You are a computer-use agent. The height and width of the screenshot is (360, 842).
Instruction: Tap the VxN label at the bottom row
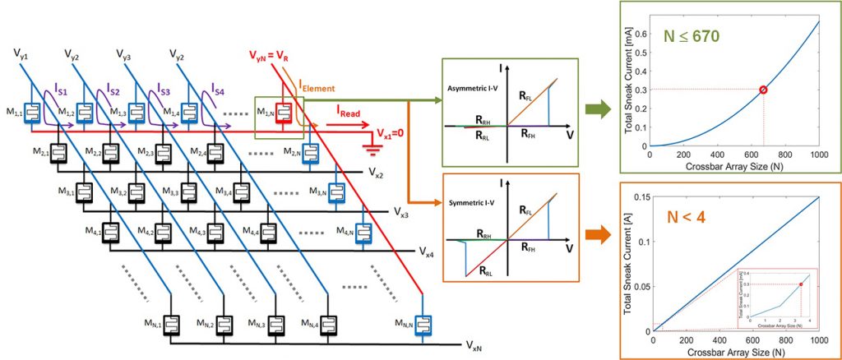474,346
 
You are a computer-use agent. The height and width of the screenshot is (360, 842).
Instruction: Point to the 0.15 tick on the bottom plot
640,196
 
